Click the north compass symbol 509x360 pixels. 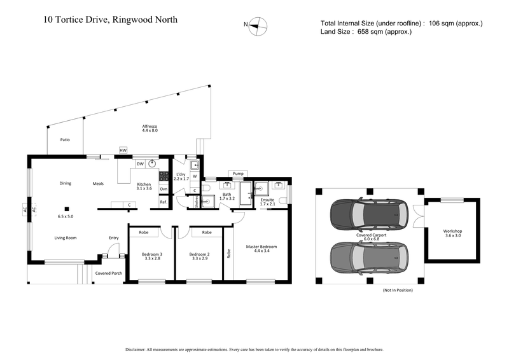pos(258,25)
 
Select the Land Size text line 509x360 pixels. pos(366,32)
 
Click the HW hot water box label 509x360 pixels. pos(123,151)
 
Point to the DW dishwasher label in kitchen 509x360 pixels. pos(139,163)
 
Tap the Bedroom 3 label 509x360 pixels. pos(152,257)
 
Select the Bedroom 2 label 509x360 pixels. pos(200,257)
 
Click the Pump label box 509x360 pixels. pos(239,173)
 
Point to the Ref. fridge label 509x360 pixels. pos(164,202)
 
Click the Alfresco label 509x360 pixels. pos(150,128)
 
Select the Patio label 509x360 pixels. pos(65,139)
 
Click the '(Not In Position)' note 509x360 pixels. pos(398,290)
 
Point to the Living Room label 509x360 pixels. pos(65,238)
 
